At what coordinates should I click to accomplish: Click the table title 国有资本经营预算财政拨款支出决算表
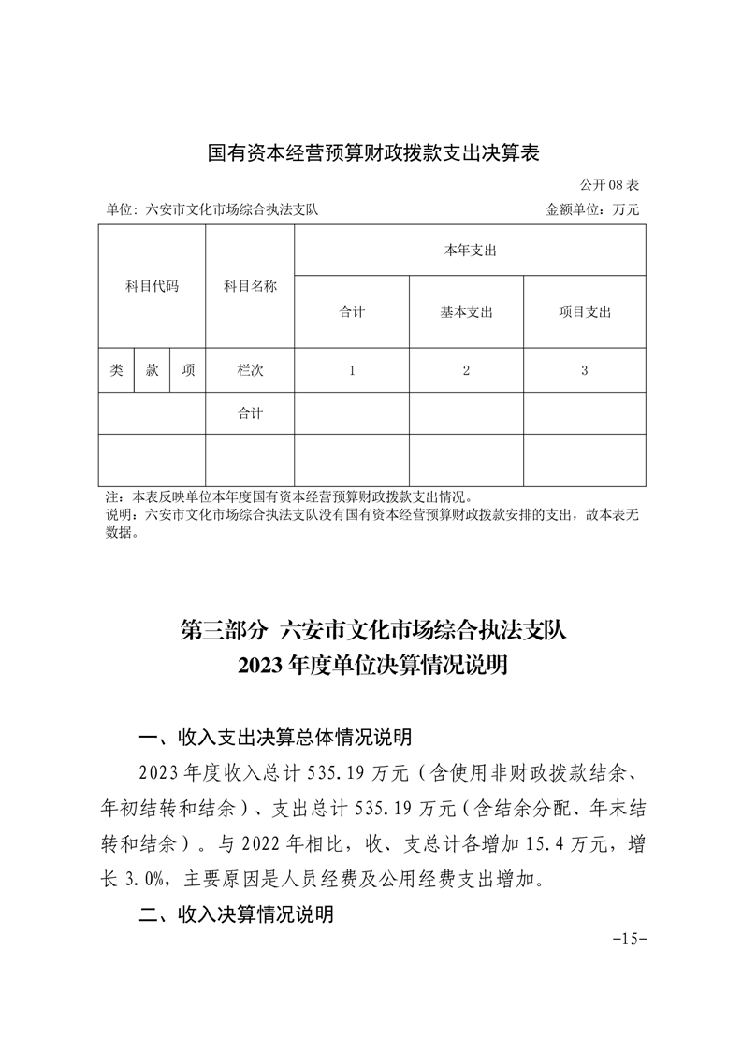pyautogui.click(x=373, y=152)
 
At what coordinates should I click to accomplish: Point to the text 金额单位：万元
pyautogui.click(x=592, y=210)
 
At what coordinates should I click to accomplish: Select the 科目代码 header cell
pyautogui.click(x=152, y=286)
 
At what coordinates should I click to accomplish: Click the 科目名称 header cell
pyautogui.click(x=250, y=286)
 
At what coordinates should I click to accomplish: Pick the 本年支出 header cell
pyautogui.click(x=470, y=251)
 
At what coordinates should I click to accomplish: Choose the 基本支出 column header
pyautogui.click(x=466, y=312)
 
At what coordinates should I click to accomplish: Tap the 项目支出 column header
pyautogui.click(x=584, y=312)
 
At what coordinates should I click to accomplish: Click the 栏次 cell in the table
pyautogui.click(x=250, y=370)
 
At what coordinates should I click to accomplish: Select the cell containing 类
pyautogui.click(x=116, y=370)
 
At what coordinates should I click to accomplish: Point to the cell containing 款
pyautogui.click(x=152, y=370)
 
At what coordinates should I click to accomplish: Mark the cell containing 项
pyautogui.click(x=188, y=370)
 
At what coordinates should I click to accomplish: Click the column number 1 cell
pyautogui.click(x=352, y=370)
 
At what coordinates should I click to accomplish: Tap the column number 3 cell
pyautogui.click(x=584, y=370)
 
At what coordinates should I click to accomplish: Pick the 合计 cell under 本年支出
pyautogui.click(x=352, y=312)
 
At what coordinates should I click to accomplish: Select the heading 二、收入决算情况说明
pyautogui.click(x=236, y=915)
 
